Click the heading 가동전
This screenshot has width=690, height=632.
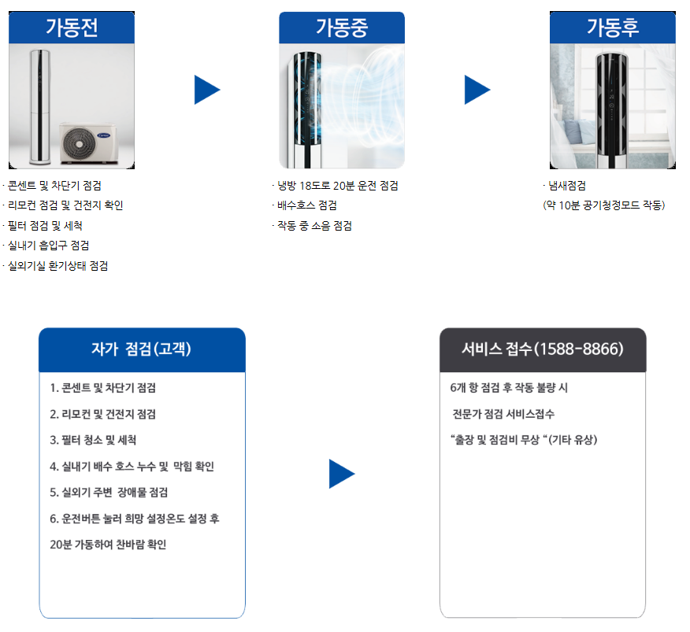72,28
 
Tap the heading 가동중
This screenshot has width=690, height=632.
341,28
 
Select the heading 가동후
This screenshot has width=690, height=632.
612,28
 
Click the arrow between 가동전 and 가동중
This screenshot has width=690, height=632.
207,90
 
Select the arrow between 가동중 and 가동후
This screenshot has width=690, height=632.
477,90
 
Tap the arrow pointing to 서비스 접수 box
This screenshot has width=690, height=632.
342,474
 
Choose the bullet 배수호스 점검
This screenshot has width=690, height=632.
305,206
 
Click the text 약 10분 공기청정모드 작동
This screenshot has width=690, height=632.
604,205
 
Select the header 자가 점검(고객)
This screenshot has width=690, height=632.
142,349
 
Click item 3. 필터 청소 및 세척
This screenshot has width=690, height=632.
93,440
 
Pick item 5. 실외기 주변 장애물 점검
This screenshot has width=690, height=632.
109,493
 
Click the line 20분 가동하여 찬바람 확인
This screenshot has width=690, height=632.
108,545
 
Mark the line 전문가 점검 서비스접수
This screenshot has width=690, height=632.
503,414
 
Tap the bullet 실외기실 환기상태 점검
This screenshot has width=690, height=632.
57,266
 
